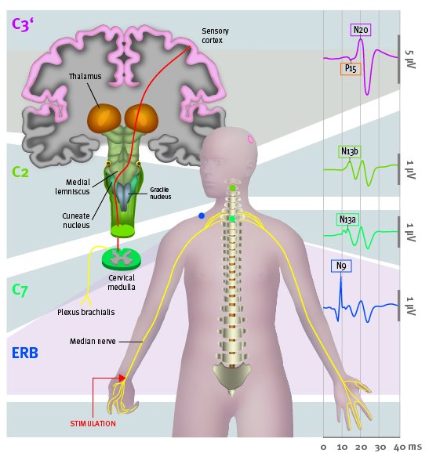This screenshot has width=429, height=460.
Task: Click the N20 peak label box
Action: pos(361,30)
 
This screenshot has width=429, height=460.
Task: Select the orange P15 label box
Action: pos(351,69)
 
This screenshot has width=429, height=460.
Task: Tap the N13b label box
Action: pos(350,152)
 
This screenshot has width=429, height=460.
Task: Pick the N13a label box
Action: pos(347,219)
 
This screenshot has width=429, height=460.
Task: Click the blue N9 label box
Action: pos(341,266)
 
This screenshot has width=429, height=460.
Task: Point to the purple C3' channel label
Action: pos(23,24)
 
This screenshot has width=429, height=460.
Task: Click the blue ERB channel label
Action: pos(25,353)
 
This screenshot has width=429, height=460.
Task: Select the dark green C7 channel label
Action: pos(20,290)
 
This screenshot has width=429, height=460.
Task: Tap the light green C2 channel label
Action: pos(20,172)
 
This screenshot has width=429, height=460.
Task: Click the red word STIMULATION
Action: pos(93,423)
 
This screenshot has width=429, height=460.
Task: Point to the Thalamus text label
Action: pos(85,76)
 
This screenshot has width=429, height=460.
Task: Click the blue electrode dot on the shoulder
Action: pos(202,216)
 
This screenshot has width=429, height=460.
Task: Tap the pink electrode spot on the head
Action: pos(250,139)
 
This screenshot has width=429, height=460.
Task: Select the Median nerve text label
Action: pos(93,341)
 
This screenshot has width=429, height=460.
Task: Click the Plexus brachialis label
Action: pos(86,312)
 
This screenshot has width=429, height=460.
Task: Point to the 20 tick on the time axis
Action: pos(361,447)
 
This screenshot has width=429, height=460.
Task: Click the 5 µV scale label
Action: pos(410,59)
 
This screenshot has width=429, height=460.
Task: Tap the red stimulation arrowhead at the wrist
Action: pos(122,378)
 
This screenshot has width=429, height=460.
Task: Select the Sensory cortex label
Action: pos(215,35)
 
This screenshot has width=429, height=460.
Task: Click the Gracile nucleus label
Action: pos(160,193)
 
